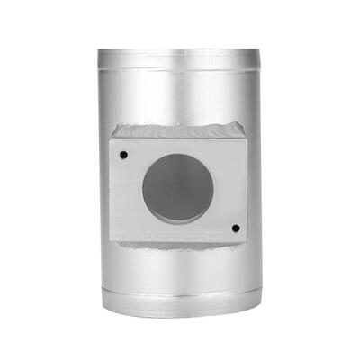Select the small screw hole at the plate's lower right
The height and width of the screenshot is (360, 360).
coord(235,229)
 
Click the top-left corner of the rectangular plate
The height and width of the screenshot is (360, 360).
coord(111,137)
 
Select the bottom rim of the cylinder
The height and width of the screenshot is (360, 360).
coord(180,314)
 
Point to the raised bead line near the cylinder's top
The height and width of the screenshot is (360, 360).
coord(180,65)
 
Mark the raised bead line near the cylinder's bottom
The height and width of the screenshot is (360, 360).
coord(180,297)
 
